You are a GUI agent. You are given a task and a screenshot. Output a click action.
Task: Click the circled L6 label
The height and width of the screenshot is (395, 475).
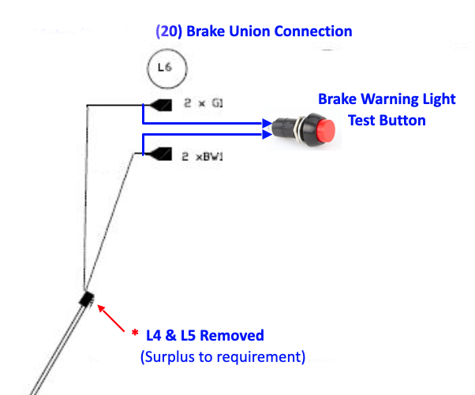165,68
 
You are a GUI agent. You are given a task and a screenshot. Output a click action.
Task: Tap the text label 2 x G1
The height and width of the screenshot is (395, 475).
204,104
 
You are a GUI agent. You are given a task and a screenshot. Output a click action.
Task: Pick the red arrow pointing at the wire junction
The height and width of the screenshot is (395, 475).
114,318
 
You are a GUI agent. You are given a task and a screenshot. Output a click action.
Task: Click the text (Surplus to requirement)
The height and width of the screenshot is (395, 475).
223,356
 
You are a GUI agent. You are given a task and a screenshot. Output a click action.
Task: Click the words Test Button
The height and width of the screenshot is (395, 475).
387,120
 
